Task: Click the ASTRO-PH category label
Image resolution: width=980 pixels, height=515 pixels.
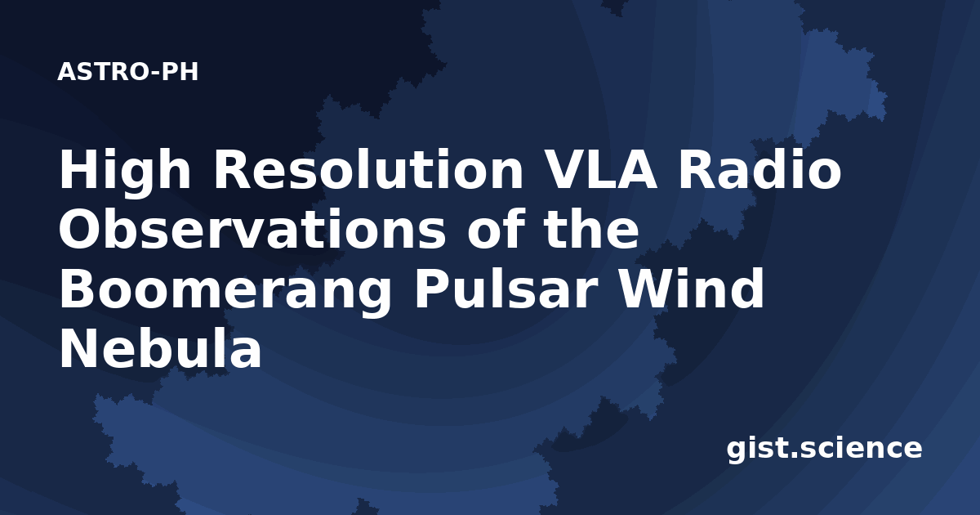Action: coord(127,72)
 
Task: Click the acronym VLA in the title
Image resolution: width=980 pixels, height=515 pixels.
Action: coord(602,169)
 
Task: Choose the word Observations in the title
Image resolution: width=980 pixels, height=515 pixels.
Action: coord(252,229)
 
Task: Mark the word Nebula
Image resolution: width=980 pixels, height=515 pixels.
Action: coord(160,349)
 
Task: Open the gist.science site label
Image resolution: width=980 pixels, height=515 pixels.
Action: coord(824,450)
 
